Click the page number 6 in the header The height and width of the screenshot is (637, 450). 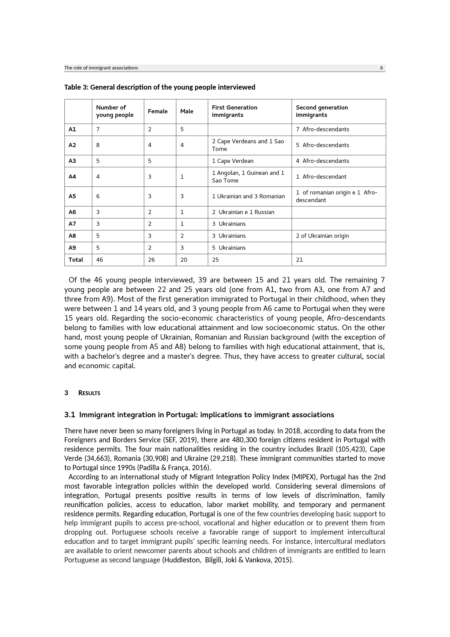coord(381,68)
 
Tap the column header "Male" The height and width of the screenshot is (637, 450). coord(186,111)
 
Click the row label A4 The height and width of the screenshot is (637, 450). coord(72,177)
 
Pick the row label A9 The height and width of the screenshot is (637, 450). coord(72,248)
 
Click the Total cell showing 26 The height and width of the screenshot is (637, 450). coord(151,260)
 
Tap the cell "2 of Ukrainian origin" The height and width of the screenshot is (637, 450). coord(322,236)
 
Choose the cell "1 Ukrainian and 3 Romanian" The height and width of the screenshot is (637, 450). coord(248,196)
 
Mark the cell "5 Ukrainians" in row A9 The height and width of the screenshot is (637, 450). coord(229,248)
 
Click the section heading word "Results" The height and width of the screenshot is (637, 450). coord(89,393)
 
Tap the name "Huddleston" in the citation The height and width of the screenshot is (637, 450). coord(182,560)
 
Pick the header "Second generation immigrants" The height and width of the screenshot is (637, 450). coord(322,111)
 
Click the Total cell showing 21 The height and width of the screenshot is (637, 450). coord(299,260)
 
